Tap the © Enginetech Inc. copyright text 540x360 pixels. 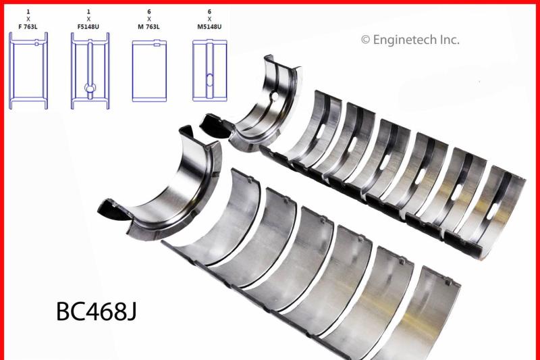pos(410,40)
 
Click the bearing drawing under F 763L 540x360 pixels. pos(28,71)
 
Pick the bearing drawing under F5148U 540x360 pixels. pos(89,71)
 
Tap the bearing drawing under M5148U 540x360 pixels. pos(210,71)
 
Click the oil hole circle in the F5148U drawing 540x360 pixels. pos(89,87)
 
